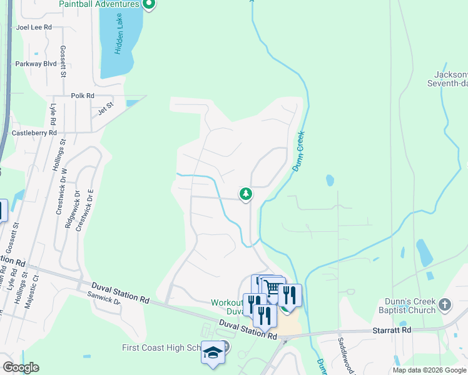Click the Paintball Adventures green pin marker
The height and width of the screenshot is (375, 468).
click(148, 5)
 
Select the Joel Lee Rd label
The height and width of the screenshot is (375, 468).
click(34, 27)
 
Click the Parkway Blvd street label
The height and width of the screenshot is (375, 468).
click(36, 63)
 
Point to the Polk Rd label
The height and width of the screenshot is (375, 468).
click(82, 96)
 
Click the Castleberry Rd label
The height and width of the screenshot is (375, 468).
click(34, 133)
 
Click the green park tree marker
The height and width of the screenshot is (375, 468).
click(246, 194)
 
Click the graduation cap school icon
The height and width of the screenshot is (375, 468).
click(212, 353)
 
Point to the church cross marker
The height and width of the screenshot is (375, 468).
click(444, 305)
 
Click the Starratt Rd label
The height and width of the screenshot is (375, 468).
click(397, 329)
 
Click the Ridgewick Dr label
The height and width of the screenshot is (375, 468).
click(69, 209)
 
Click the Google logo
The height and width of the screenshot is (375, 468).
click(20, 367)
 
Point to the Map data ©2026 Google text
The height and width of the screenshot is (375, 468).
click(429, 370)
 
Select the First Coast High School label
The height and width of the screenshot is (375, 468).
click(161, 348)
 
